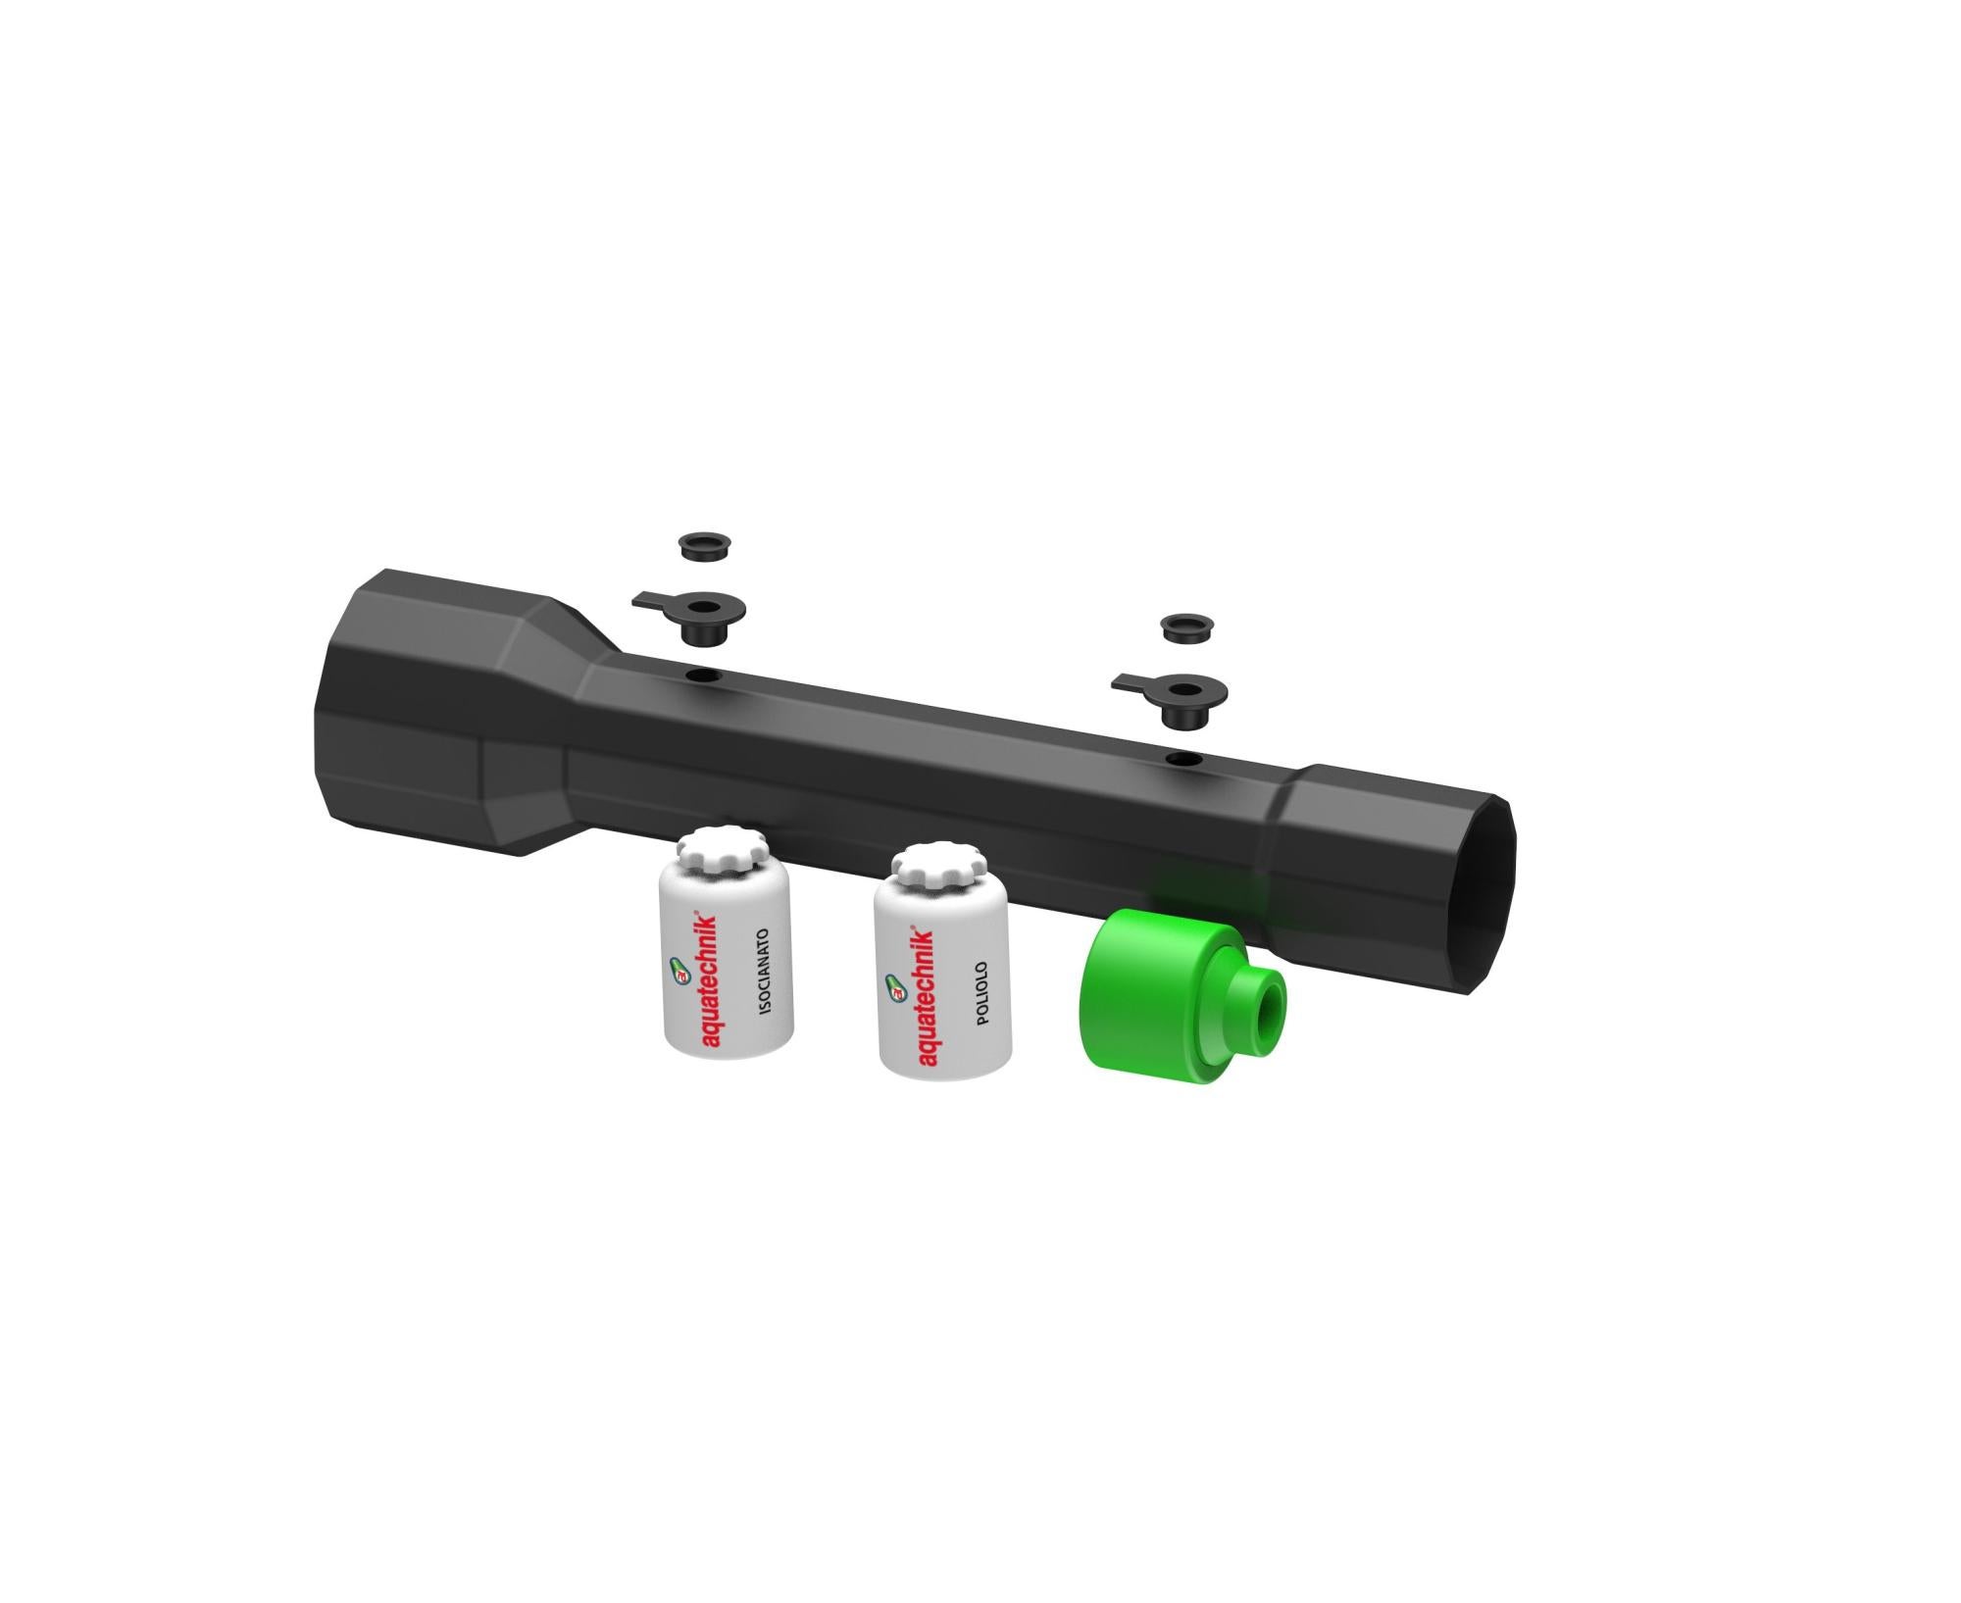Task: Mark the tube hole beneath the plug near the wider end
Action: (703, 676)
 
